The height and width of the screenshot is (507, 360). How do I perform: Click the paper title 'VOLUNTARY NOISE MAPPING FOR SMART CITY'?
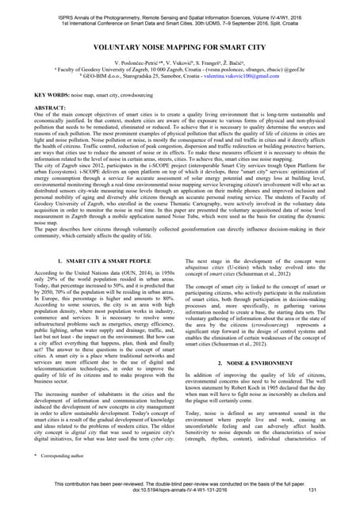180,48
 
